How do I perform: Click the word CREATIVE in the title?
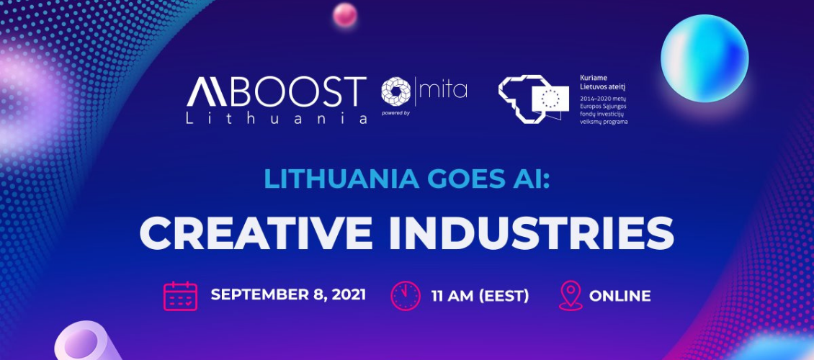(x=256, y=233)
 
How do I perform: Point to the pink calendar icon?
(x=180, y=296)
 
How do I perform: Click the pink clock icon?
(x=406, y=296)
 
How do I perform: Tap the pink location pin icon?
(x=570, y=296)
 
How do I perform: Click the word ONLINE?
(x=620, y=296)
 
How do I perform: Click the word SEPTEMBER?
(x=260, y=295)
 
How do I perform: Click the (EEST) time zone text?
(x=504, y=296)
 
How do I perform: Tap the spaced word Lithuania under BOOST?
(x=277, y=118)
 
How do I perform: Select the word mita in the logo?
(x=443, y=90)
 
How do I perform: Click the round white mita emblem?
(x=396, y=91)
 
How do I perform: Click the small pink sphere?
(x=345, y=14)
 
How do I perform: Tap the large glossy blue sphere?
(x=705, y=58)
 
